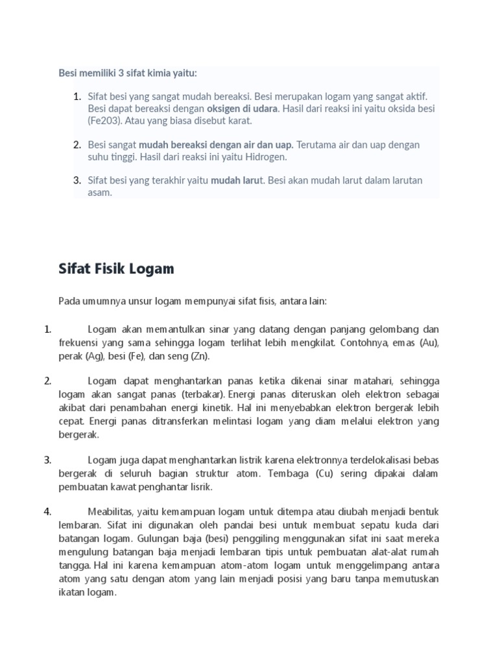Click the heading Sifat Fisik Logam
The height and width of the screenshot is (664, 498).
pos(116,269)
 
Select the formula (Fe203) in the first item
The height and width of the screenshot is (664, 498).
pos(104,121)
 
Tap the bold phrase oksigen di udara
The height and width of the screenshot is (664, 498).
pos(242,108)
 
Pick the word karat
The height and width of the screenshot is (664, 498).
pos(240,121)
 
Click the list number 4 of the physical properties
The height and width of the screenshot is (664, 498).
pos(47,512)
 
